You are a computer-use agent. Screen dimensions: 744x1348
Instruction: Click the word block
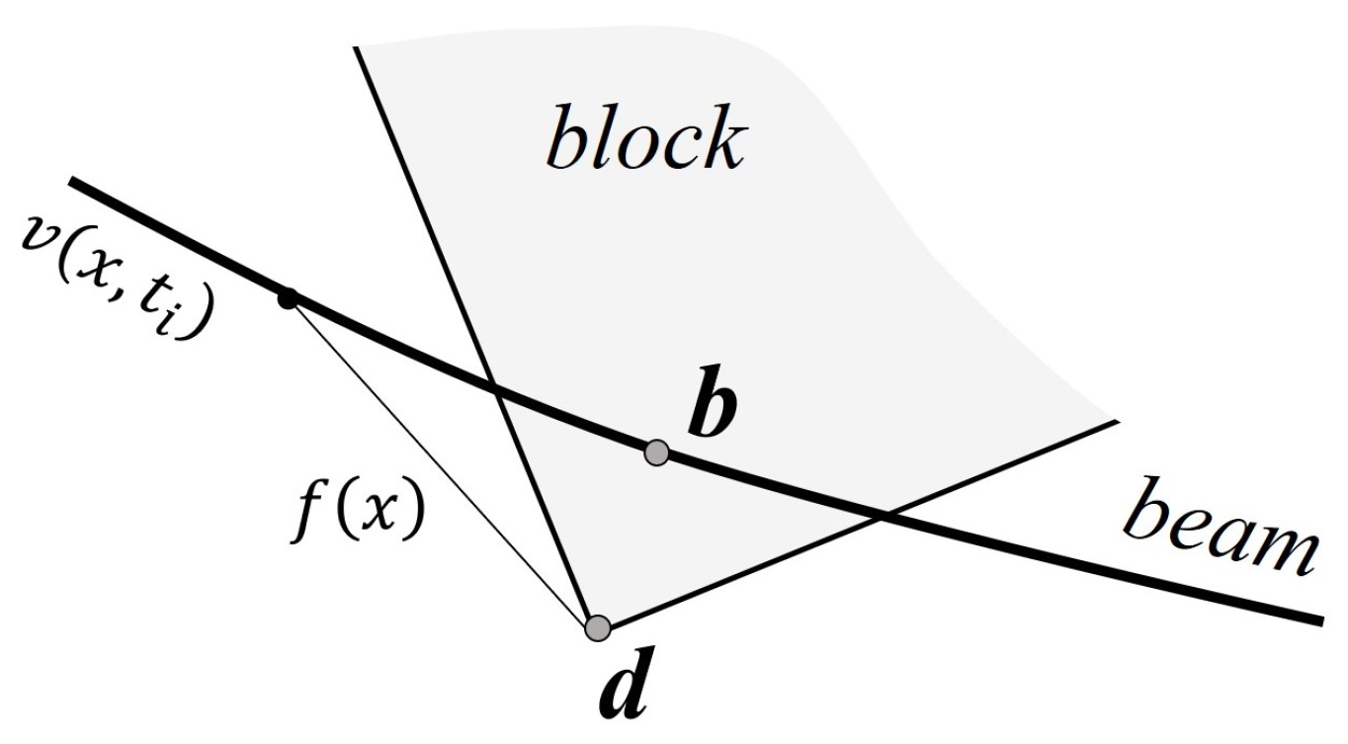[644, 140]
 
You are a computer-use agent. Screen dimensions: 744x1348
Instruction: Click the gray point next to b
[656, 453]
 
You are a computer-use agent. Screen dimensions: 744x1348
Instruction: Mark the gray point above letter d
[597, 626]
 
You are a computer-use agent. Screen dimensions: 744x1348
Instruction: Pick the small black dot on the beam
[288, 297]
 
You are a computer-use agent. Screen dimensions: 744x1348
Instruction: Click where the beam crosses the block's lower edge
[883, 512]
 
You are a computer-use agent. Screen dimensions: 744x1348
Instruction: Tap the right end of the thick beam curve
[1319, 620]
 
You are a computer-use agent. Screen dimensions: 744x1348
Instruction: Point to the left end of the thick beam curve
[71, 182]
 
